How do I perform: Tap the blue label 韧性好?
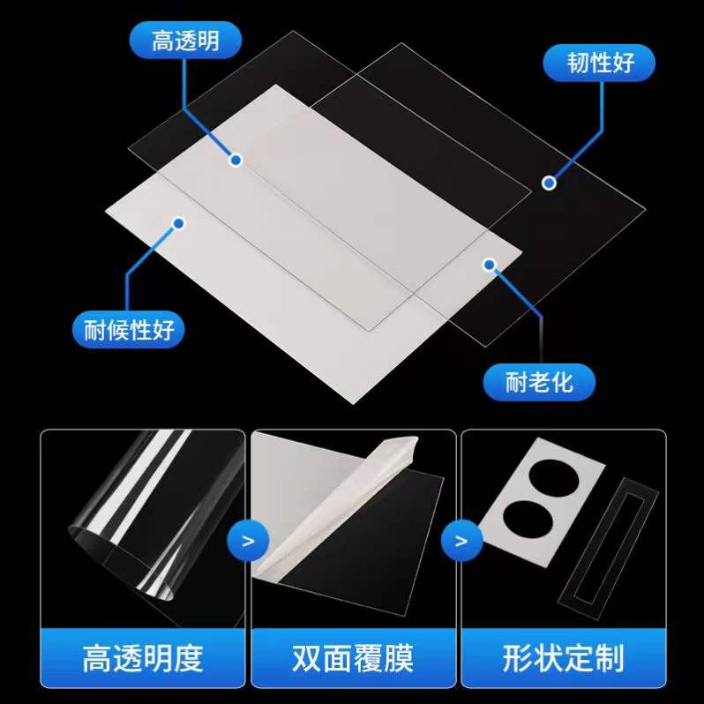pyautogui.click(x=600, y=63)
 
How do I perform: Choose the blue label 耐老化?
pyautogui.click(x=539, y=382)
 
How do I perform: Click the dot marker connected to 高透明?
pyautogui.click(x=236, y=160)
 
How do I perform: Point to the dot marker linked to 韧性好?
pyautogui.click(x=549, y=183)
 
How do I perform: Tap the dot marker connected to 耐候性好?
pyautogui.click(x=178, y=224)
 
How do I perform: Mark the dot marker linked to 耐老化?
pyautogui.click(x=490, y=264)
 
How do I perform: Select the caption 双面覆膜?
pyautogui.click(x=353, y=658)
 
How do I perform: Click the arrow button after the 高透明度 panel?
pyautogui.click(x=248, y=540)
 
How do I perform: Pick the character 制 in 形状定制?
pyautogui.click(x=609, y=658)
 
